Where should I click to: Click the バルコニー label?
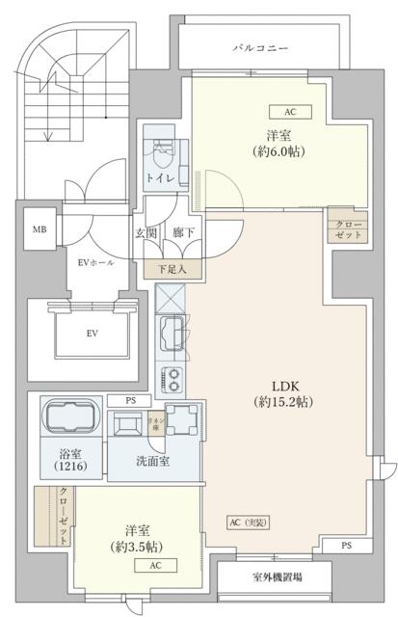259,46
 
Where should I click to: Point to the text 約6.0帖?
279,151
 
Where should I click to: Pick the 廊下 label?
181,232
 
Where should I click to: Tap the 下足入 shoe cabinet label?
174,271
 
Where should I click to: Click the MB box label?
40,229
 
